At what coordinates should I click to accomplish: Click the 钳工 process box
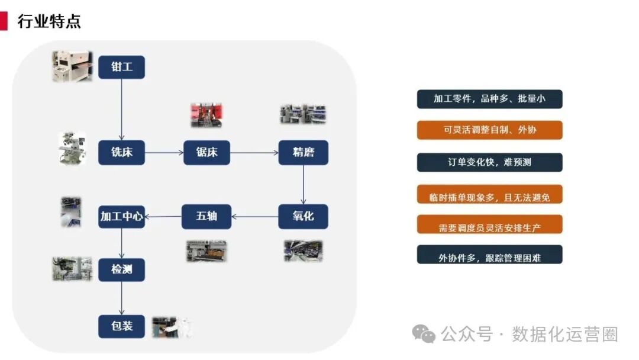click(121, 67)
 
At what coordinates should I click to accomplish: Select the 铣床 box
click(121, 153)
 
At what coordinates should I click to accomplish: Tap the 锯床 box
click(206, 153)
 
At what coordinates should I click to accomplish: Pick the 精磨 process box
click(303, 153)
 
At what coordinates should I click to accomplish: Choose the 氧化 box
click(303, 216)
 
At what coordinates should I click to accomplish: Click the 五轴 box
click(206, 216)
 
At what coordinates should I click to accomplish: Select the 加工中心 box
click(121, 217)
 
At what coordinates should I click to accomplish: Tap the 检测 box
click(121, 270)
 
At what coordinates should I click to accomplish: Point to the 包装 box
click(121, 326)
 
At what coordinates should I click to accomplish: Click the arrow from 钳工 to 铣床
click(121, 110)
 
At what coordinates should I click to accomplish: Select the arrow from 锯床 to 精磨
click(254, 153)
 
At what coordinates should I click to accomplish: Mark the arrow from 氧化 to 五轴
click(254, 216)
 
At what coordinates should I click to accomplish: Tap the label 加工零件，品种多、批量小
click(489, 99)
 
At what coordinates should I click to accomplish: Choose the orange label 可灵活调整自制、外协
click(489, 130)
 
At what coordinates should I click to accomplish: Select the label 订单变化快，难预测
click(489, 162)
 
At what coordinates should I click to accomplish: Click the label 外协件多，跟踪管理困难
click(489, 258)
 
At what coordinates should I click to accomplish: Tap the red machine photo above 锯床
click(206, 115)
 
